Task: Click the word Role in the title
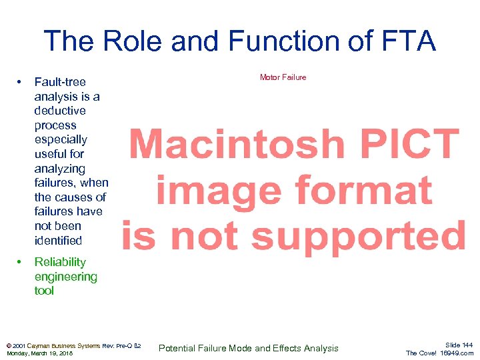[133, 41]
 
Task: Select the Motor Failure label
[283, 77]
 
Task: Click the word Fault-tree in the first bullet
[60, 82]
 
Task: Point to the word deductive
[60, 111]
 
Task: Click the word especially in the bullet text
[61, 140]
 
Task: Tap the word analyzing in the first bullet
[60, 169]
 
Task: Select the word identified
[58, 240]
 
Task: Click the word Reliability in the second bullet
[60, 262]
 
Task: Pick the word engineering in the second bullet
[65, 277]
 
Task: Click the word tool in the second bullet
[44, 291]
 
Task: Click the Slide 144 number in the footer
[459, 345]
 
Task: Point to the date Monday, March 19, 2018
[39, 353]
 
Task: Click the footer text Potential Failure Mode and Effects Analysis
[248, 348]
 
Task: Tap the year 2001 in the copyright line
[18, 346]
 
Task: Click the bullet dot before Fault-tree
[21, 82]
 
